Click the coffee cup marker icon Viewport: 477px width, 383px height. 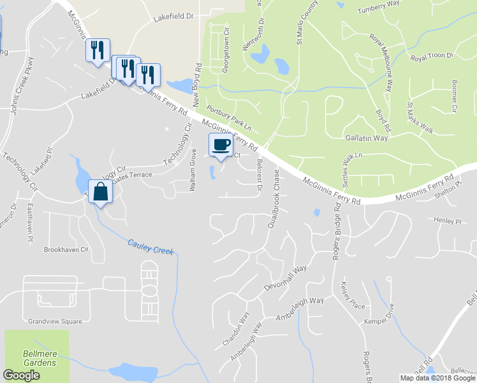pyautogui.click(x=221, y=145)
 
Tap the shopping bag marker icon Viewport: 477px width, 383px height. pyautogui.click(x=101, y=190)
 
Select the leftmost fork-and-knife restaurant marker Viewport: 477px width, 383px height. pyautogui.click(x=98, y=50)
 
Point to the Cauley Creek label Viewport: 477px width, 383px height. pyautogui.click(x=150, y=247)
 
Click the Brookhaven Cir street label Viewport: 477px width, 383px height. pyautogui.click(x=65, y=250)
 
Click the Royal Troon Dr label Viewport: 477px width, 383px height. pyautogui.click(x=432, y=57)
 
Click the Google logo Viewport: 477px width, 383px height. pyautogui.click(x=21, y=375)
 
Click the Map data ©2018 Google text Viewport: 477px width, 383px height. pyautogui.click(x=437, y=378)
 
